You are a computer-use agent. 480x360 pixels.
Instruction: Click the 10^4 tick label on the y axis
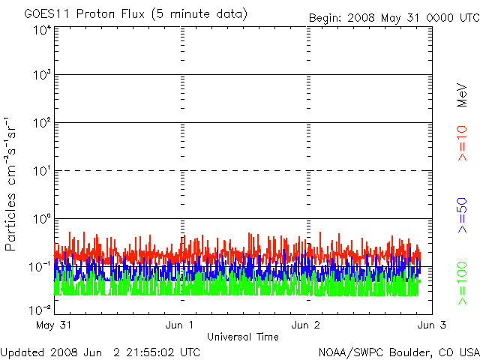pos(41,31)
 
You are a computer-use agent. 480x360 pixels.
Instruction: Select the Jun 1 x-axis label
pos(180,325)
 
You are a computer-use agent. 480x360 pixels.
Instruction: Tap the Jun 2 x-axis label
pos(306,325)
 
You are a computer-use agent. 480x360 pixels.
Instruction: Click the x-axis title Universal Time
pos(242,337)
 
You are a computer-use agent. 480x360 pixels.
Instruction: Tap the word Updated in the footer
pos(23,352)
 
